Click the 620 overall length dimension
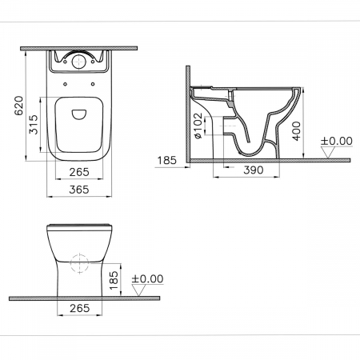coord(18,106)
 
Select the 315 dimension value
coord(34,125)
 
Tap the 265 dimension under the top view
coord(79,172)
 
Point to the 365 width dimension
coord(79,190)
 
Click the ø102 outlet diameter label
coord(198,126)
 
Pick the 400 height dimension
coord(296,131)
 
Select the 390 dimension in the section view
coord(254,170)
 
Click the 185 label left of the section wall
coord(167,160)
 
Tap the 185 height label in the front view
coord(114,281)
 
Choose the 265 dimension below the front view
coord(80,308)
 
